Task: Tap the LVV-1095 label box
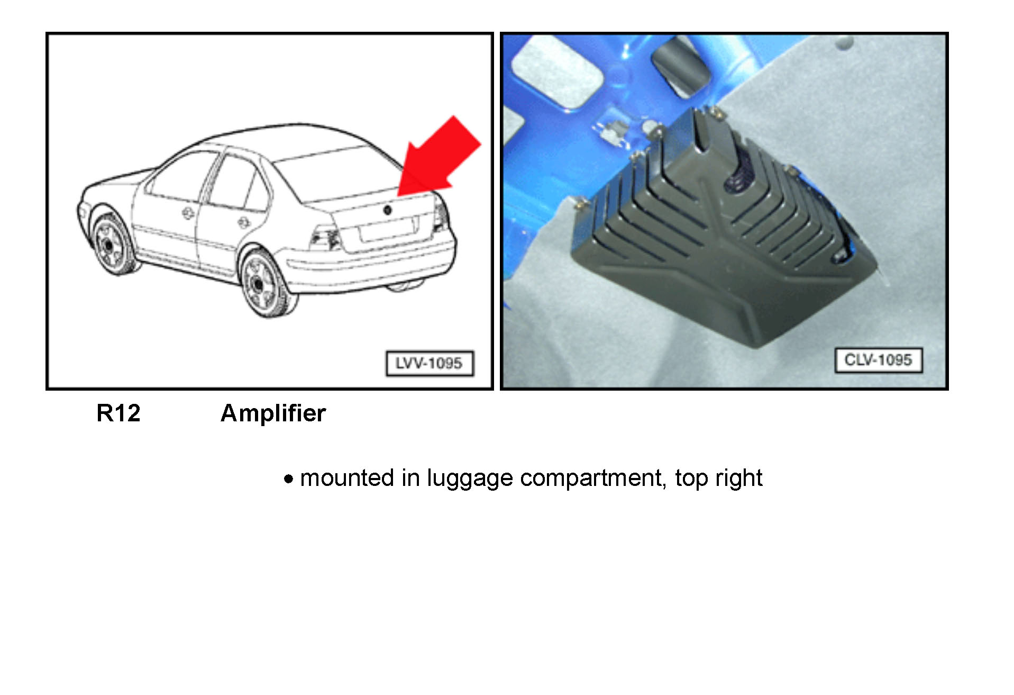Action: (430, 363)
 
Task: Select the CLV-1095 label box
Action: (878, 360)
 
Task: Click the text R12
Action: (118, 413)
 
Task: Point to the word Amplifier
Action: (273, 413)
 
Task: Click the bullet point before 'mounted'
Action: (288, 480)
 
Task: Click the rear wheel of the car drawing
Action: (262, 283)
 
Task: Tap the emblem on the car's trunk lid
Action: (387, 210)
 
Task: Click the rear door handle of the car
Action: (243, 222)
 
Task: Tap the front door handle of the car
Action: (187, 213)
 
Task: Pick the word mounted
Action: (347, 479)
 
